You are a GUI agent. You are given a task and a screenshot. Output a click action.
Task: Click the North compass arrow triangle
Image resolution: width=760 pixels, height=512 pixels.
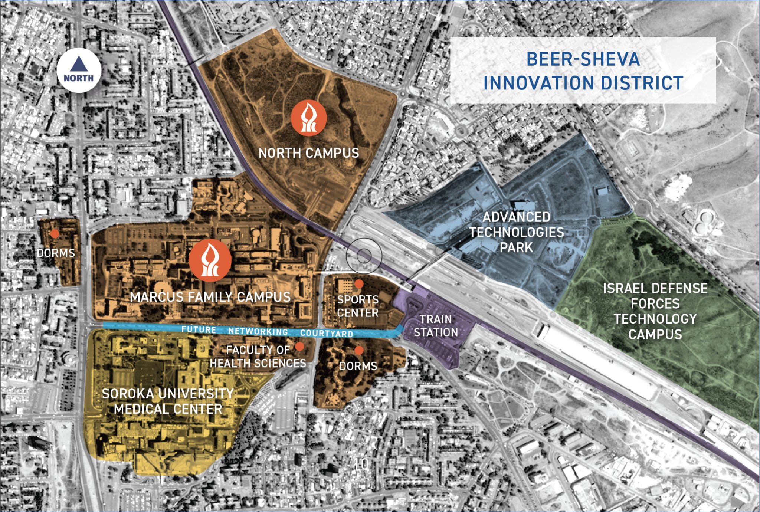(79, 64)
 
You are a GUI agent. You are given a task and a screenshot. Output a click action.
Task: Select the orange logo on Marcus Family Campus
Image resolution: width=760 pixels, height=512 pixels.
(210, 260)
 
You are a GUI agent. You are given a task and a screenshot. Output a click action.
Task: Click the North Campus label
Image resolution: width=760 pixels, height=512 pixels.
(309, 153)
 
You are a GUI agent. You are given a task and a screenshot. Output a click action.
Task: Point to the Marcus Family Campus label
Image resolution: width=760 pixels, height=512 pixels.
(210, 297)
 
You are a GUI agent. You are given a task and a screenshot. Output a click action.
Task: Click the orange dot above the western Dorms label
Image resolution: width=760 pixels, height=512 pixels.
(55, 234)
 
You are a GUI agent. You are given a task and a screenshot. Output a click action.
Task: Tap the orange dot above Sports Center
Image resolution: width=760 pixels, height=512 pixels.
(359, 284)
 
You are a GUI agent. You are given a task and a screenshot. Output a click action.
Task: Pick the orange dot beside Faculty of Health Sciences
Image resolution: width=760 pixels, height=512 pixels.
(299, 347)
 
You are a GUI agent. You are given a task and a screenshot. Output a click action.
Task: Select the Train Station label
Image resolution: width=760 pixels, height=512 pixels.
(436, 326)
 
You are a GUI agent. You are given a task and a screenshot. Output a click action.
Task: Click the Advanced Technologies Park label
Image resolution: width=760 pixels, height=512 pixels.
(517, 232)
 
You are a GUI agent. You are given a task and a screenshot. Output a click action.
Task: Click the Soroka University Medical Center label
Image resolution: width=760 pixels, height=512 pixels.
(168, 401)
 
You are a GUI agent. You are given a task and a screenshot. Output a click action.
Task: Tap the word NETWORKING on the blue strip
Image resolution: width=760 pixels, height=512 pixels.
(258, 331)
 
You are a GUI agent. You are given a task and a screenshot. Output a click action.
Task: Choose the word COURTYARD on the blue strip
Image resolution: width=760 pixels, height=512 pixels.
(327, 333)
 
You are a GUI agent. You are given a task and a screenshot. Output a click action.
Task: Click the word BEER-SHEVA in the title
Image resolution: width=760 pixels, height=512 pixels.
(583, 59)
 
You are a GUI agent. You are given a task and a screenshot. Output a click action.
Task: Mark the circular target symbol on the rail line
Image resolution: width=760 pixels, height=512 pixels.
(364, 256)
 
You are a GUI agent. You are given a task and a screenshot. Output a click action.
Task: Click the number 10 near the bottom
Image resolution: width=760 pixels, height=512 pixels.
(361, 464)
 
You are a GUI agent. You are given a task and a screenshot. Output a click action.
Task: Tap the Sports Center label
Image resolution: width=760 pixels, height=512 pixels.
(358, 306)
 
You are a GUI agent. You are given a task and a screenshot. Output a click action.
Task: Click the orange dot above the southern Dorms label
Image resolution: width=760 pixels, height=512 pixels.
(359, 350)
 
